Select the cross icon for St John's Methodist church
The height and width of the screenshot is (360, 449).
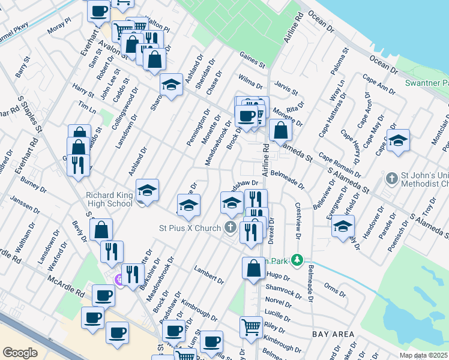(x=391, y=178)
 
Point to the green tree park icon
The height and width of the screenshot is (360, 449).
(x=295, y=260)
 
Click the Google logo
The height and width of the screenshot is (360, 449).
(x=20, y=352)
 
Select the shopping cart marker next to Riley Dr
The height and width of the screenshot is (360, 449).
(x=252, y=327)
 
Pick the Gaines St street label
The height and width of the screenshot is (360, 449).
(x=252, y=59)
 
